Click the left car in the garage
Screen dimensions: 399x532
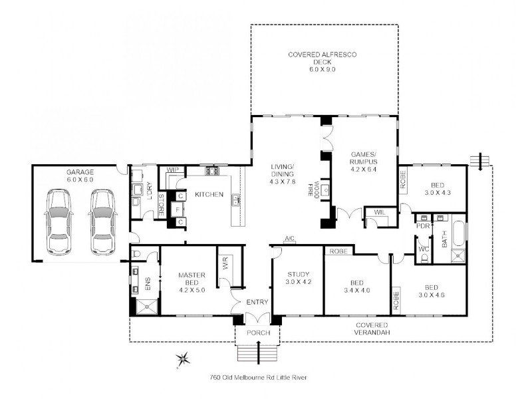(x=57, y=222)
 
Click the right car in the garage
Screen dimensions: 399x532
(x=102, y=222)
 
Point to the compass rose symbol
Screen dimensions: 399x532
(x=182, y=360)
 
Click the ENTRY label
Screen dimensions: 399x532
(x=257, y=303)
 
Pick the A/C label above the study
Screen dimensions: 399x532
(x=289, y=239)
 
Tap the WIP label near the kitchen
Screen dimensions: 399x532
(x=172, y=170)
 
